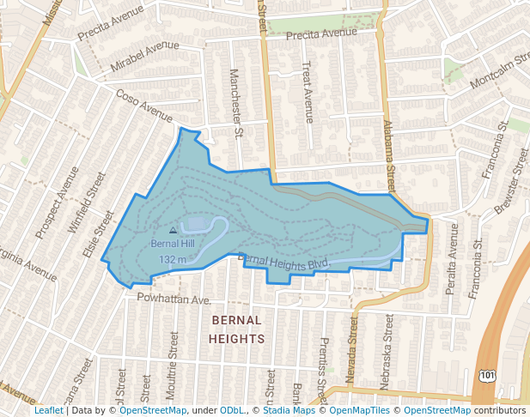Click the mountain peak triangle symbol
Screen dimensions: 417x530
click(x=174, y=230)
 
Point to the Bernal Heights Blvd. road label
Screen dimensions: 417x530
click(x=284, y=263)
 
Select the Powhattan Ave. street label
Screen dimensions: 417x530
click(x=174, y=300)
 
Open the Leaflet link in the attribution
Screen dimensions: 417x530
click(x=49, y=410)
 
